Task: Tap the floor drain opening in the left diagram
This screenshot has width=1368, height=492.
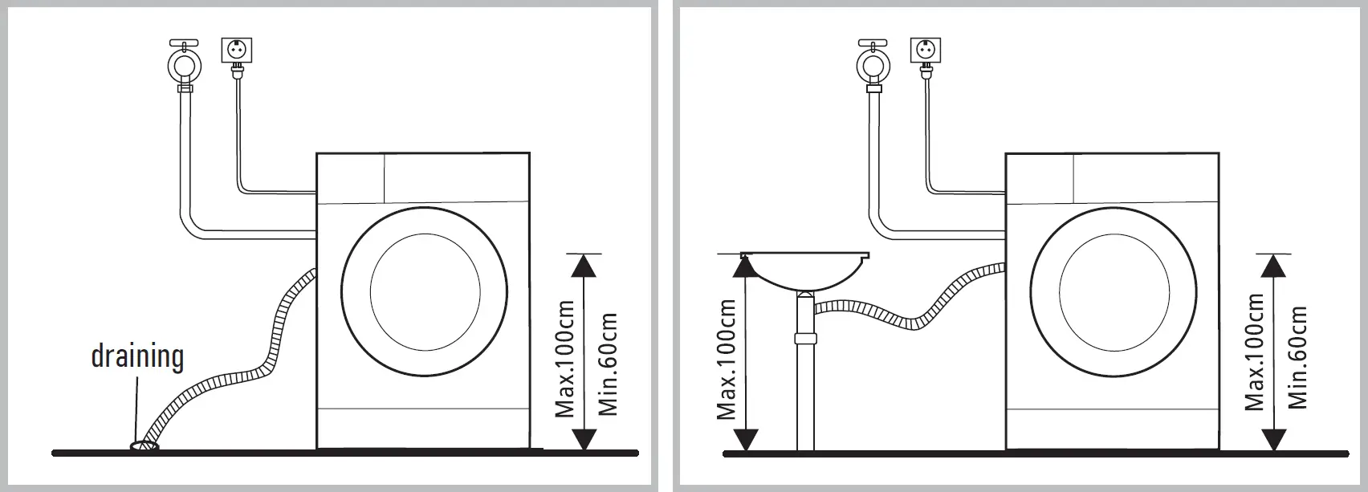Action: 145,445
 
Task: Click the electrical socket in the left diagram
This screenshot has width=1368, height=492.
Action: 236,51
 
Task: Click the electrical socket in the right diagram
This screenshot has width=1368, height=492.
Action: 925,51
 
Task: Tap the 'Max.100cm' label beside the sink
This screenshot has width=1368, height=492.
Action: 727,360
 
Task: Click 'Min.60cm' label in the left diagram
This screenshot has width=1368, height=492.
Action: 609,364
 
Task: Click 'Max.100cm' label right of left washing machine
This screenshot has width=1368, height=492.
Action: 566,360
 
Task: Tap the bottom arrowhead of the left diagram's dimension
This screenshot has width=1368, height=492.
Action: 585,439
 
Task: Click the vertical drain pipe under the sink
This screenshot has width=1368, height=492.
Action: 805,385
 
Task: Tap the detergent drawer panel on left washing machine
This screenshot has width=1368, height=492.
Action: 351,177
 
